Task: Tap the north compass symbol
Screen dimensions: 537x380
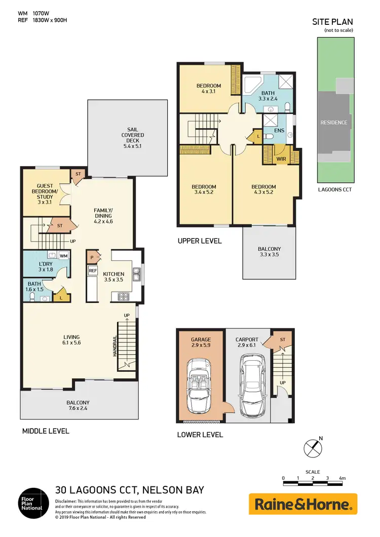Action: pos(313,448)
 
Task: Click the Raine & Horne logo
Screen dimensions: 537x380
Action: pos(302,504)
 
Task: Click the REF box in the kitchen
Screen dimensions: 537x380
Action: pos(93,271)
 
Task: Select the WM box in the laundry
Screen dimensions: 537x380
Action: pos(63,256)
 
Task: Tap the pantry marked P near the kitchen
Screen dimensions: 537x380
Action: pos(92,257)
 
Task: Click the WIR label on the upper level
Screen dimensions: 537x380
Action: pos(281,159)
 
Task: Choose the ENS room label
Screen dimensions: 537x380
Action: pos(279,131)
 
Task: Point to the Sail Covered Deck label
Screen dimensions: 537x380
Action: pos(133,135)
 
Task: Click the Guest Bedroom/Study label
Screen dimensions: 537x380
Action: pos(45,191)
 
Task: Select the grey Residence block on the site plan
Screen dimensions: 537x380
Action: pos(333,122)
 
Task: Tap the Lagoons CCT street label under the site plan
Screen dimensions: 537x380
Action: pos(334,189)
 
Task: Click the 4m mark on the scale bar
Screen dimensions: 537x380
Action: pos(342,478)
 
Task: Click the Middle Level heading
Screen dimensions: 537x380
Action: pos(45,431)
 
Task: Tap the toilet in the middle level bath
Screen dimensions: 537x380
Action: pos(32,297)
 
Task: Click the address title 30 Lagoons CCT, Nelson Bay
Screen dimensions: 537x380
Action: pos(129,490)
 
